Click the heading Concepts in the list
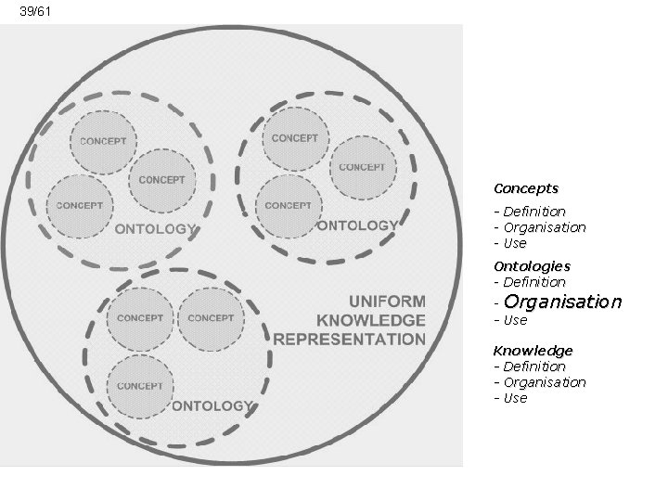tap(525, 188)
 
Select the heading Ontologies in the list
tap(532, 266)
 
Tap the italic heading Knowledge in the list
tap(533, 351)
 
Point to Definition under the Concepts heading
tap(533, 212)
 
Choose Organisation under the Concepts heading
tap(545, 227)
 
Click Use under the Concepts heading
tap(514, 243)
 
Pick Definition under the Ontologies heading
tap(533, 282)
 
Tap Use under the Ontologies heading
tap(514, 320)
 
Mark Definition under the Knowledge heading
tap(533, 366)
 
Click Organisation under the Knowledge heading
tap(545, 382)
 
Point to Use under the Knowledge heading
tap(514, 398)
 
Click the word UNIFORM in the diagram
tap(387, 302)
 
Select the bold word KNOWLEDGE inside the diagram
tap(371, 320)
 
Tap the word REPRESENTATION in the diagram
tap(350, 340)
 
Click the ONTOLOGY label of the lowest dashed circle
tap(212, 405)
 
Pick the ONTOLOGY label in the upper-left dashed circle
tap(155, 229)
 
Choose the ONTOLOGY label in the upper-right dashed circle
tap(357, 225)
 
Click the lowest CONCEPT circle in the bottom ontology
tap(140, 386)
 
